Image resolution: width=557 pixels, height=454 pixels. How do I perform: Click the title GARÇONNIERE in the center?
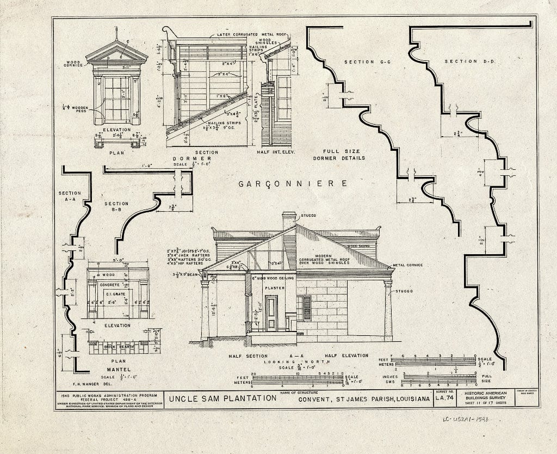click(293, 184)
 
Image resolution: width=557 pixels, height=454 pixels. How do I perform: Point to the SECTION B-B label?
click(116, 207)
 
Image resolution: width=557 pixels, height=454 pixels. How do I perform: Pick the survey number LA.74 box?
click(444, 399)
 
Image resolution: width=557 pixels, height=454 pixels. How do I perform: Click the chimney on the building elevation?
click(289, 220)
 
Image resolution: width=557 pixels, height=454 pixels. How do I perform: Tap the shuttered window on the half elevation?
click(307, 308)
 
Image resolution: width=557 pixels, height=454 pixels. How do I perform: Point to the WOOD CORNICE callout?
click(73, 64)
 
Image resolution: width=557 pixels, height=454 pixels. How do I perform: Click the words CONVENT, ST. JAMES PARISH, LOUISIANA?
click(364, 399)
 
